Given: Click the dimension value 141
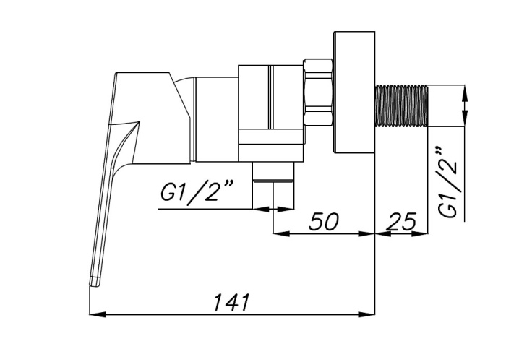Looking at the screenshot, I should click(x=231, y=301).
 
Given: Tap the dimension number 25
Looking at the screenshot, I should click(x=402, y=221).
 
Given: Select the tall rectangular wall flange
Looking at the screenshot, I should click(x=353, y=92).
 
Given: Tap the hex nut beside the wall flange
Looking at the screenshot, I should click(x=318, y=92).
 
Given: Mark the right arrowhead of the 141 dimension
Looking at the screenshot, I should click(x=369, y=314).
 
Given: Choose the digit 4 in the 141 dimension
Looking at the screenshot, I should click(x=231, y=301).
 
